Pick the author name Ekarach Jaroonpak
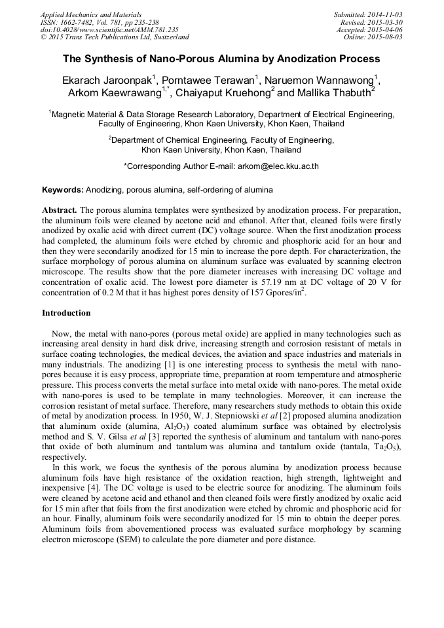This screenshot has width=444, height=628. point(109,81)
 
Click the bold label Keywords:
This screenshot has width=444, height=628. point(63,190)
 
